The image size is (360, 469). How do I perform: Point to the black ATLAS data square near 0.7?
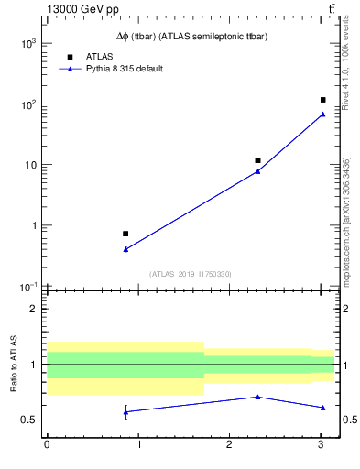point(125,234)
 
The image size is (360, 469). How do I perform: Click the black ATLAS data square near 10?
point(257,160)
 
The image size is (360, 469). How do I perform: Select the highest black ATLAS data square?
point(322,100)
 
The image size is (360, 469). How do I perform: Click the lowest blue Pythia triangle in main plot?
point(125,249)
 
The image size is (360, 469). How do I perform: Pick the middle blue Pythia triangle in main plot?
point(257,171)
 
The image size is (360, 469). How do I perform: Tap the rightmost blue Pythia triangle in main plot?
point(322,115)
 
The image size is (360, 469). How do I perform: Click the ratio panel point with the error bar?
point(125,411)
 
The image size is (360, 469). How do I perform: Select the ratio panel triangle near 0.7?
point(257,397)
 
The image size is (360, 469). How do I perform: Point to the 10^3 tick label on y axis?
point(27,44)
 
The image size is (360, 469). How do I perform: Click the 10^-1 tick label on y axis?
point(27,287)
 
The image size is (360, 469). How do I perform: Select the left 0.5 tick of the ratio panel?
point(31,420)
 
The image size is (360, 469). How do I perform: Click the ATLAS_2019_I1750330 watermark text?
point(191,274)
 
